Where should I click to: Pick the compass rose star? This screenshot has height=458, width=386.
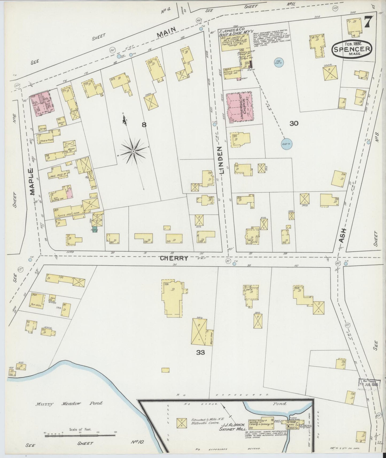coord(133,152)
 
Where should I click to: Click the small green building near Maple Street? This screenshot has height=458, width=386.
coord(95,229)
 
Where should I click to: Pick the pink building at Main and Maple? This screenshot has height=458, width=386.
coord(42,104)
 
